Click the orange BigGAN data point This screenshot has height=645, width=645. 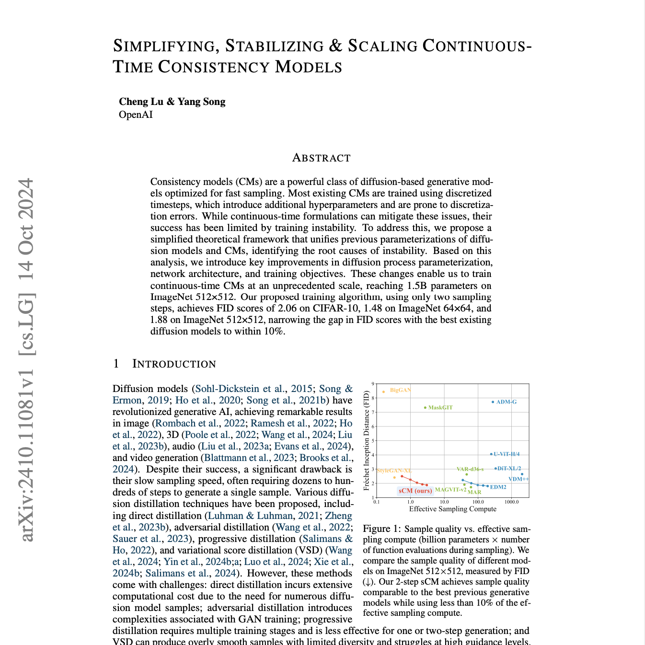tap(383, 392)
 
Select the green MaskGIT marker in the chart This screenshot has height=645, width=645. tap(425, 408)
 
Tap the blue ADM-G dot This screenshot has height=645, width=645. tap(493, 402)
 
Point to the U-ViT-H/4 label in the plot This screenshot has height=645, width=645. tap(507, 454)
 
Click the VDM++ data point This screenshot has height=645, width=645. tap(522, 474)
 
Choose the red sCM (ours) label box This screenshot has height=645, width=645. tap(415, 491)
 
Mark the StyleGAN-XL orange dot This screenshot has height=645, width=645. tap(394, 477)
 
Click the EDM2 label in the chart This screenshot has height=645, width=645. tap(498, 487)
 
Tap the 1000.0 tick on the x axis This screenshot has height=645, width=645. tap(511, 502)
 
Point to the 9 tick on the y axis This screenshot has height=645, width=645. tap(372, 384)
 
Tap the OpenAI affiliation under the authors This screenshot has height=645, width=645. tap(136, 115)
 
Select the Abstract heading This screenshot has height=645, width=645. tap(321, 158)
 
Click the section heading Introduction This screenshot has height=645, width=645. tap(174, 364)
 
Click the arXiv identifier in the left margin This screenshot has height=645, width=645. tap(27, 359)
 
